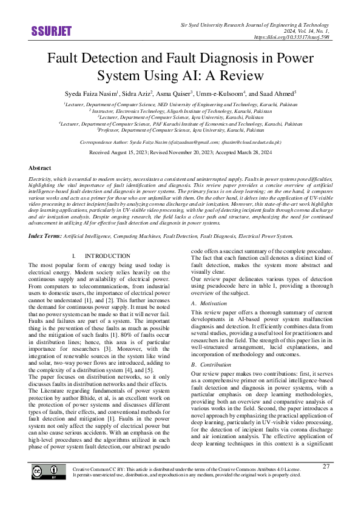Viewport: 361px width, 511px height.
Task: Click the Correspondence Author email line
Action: pos(180,141)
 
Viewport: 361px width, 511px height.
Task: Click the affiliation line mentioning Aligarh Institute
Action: pos(180,110)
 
